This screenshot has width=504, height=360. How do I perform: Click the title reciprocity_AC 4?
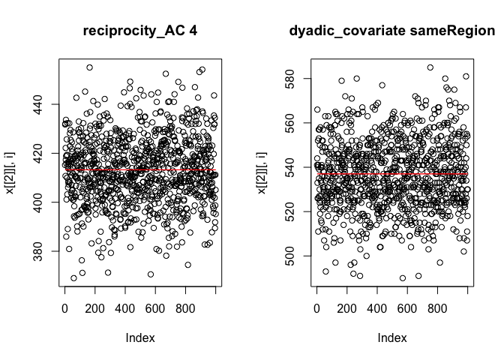point(140,31)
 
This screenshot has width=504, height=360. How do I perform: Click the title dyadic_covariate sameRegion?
point(392,31)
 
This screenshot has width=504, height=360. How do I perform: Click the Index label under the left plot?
point(140,338)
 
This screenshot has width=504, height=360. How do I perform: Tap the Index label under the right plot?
point(392,338)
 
